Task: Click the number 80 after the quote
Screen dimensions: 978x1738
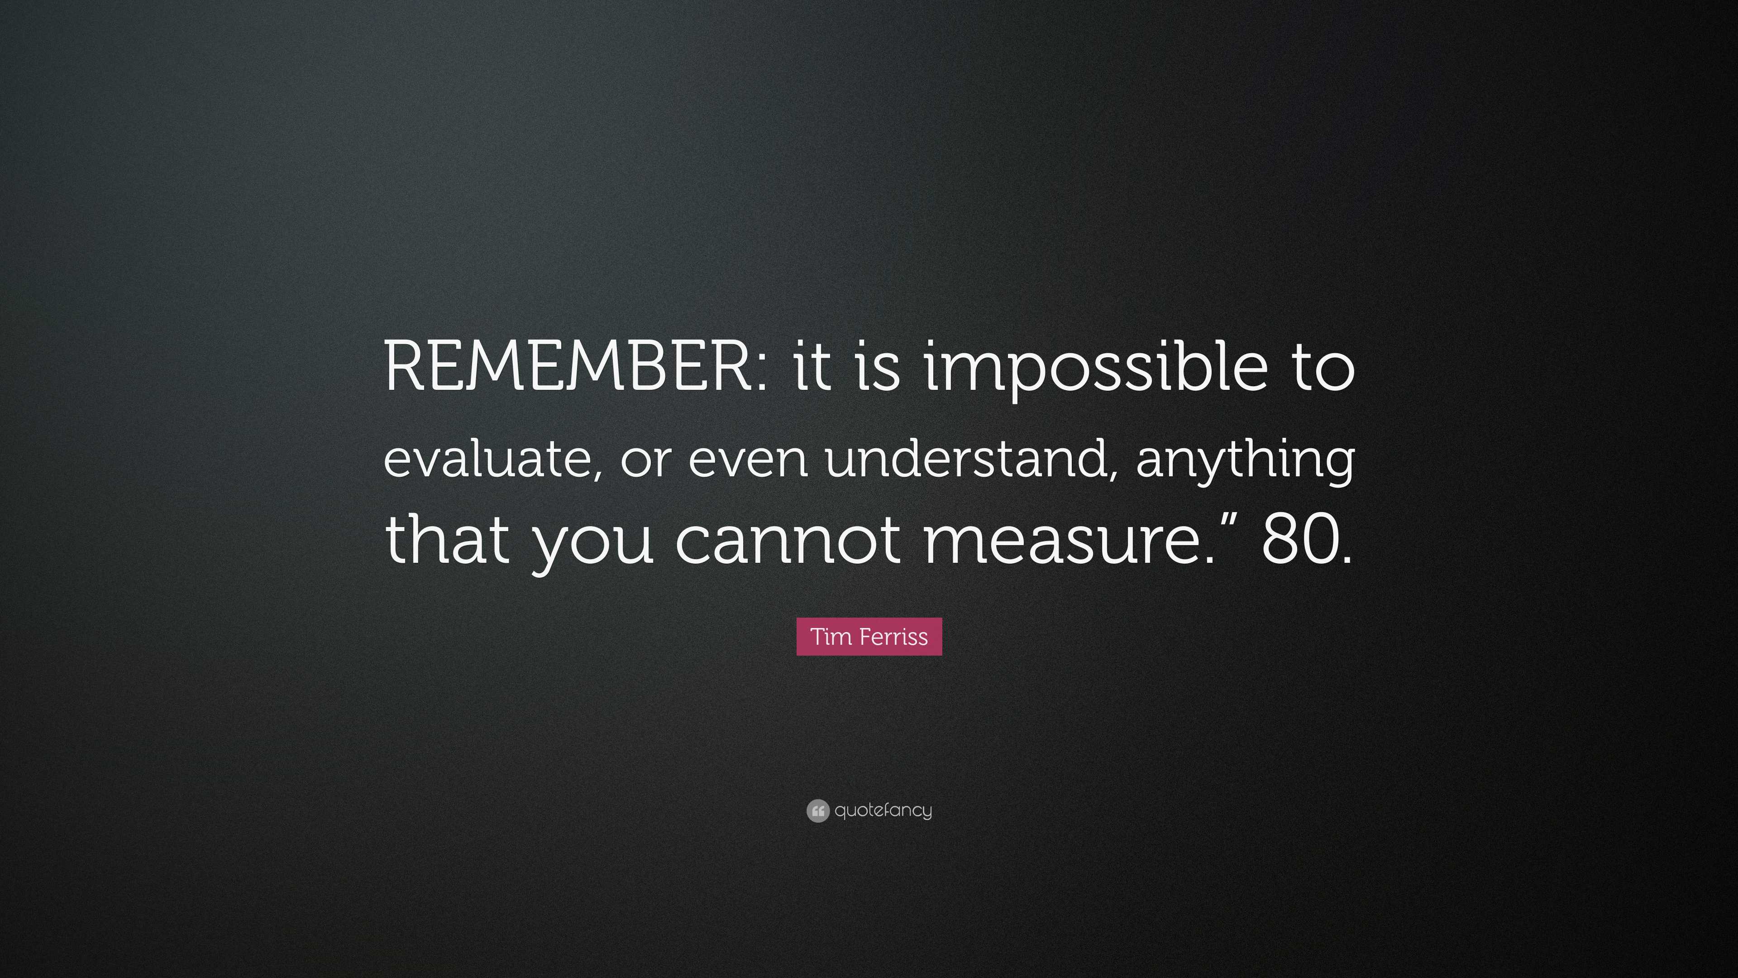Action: click(x=1299, y=540)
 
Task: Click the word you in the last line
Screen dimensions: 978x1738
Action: click(x=594, y=544)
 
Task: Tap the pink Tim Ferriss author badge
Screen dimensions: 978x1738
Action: click(x=869, y=637)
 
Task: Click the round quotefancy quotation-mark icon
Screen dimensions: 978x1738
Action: click(x=818, y=810)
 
